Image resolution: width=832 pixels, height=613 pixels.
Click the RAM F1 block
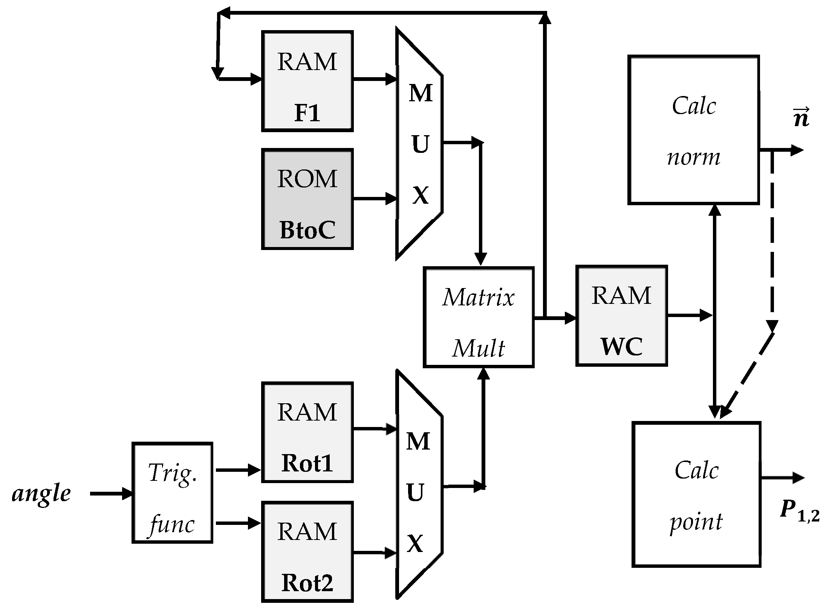click(307, 81)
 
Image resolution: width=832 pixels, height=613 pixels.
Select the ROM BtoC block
click(307, 199)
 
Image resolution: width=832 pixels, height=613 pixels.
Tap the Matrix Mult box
click(479, 317)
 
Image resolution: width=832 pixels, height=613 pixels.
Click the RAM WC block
click(621, 316)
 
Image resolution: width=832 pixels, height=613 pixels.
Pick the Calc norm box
click(693, 130)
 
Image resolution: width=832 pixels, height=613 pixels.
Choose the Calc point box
click(696, 494)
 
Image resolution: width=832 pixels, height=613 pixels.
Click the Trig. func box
click(172, 493)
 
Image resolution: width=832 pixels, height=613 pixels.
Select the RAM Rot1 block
click(307, 432)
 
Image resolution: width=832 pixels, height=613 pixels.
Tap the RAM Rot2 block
click(307, 552)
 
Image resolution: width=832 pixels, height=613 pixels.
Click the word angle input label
click(41, 493)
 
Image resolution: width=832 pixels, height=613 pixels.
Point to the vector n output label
click(801, 118)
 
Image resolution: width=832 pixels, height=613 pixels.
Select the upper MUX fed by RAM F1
click(419, 143)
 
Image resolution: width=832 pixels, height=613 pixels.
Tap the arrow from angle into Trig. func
click(112, 493)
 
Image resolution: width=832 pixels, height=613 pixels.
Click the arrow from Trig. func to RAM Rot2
click(237, 523)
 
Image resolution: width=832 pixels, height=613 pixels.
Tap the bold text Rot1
click(307, 463)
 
